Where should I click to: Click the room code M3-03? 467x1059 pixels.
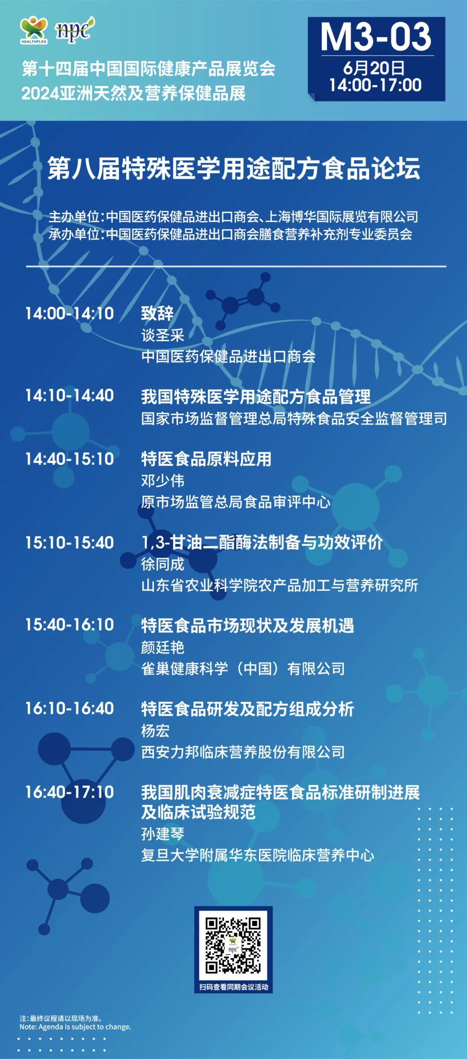point(376,37)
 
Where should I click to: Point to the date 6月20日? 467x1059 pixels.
point(374,68)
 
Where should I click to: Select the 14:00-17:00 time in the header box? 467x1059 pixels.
point(375,85)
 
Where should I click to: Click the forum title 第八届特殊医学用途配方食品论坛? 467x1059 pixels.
point(233,168)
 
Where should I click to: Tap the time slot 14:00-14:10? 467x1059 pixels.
point(70,313)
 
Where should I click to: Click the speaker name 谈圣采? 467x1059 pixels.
point(163,335)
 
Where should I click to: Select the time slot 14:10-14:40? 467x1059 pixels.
point(70,396)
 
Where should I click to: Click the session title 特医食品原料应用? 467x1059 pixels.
point(206,459)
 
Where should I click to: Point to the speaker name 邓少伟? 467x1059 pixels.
point(163,480)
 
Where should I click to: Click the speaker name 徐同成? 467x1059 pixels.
point(163,564)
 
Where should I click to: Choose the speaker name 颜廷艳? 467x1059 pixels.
point(163,647)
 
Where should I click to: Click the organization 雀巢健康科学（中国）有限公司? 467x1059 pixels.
point(243,669)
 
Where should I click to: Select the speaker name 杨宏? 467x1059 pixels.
point(155,731)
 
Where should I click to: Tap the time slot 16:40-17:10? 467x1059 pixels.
point(70,792)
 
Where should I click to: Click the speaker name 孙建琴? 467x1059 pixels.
point(163,834)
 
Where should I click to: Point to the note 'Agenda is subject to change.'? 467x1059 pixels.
point(85,1027)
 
